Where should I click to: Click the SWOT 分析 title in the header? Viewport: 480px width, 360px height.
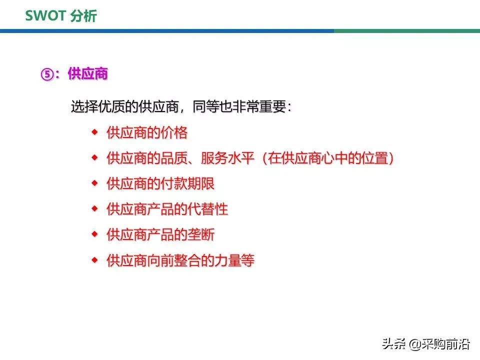pos(61,15)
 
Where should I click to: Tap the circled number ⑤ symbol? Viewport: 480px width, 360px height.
pos(46,74)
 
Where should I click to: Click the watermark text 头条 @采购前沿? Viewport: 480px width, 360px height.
pos(426,344)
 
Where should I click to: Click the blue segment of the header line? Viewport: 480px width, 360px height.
pos(165,31)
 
